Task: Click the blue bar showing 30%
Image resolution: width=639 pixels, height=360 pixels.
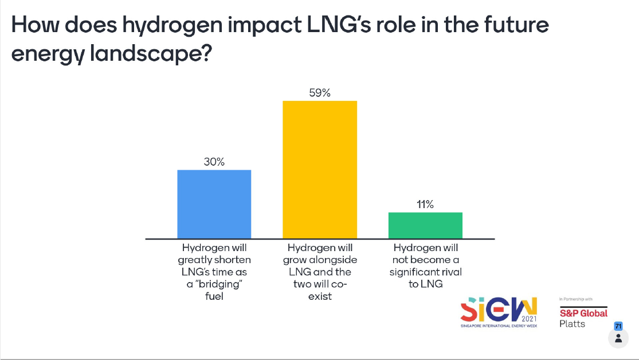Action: click(214, 204)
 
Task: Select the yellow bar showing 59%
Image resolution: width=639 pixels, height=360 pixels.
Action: click(320, 170)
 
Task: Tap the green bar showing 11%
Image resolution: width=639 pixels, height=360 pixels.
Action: click(425, 225)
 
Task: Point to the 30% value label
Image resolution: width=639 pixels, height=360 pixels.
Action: click(214, 162)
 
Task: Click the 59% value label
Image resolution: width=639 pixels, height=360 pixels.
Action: click(320, 93)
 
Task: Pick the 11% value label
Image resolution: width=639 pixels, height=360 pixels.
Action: click(425, 205)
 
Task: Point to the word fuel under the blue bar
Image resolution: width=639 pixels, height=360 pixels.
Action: click(214, 297)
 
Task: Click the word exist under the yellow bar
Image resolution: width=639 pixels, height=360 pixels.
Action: click(320, 297)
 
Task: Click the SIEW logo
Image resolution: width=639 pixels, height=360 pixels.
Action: click(499, 312)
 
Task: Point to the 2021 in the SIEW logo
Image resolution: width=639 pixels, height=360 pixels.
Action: click(529, 318)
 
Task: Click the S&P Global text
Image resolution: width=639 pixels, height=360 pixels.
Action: click(583, 314)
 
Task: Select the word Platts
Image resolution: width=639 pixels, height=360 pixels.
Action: click(572, 324)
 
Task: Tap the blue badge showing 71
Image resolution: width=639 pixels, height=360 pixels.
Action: click(618, 326)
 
